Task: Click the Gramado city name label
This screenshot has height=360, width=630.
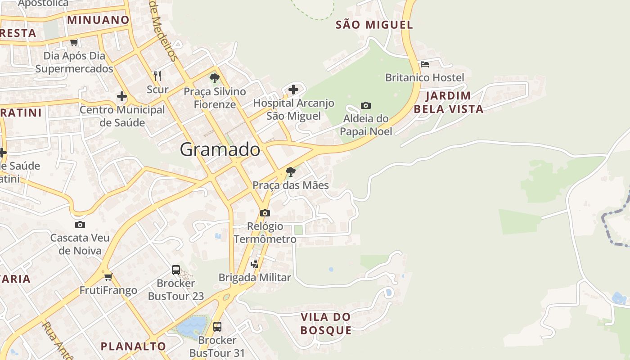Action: coord(220,150)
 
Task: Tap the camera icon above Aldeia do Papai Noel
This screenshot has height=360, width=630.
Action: coord(366,105)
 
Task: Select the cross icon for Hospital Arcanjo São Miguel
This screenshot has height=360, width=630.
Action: coord(293,90)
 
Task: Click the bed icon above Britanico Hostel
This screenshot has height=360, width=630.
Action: coord(424,64)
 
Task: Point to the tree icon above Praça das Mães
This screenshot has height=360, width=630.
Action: coord(291,171)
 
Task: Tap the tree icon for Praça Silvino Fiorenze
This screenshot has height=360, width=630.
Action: coord(215,78)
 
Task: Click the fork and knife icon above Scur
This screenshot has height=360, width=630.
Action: coord(157,76)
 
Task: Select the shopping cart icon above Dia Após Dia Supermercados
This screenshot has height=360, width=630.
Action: coord(74,43)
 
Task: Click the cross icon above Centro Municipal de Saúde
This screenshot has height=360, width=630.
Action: coord(122,96)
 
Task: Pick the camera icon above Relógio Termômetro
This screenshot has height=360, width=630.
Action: coord(265,213)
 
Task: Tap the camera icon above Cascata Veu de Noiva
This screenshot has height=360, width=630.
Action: coord(80,225)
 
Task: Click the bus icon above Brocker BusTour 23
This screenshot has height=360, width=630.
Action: coord(176,270)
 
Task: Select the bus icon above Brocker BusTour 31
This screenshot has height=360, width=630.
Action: coord(217,326)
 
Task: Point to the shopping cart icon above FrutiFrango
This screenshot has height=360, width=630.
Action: coord(108,277)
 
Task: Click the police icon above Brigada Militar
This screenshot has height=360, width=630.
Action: coord(255,264)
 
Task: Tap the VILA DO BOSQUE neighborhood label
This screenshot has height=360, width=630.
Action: coord(326,324)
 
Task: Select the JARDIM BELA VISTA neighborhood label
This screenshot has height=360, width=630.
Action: coord(448,102)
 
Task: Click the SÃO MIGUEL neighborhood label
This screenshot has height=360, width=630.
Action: coord(374,25)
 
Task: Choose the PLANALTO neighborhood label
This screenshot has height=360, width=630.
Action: coord(133,346)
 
